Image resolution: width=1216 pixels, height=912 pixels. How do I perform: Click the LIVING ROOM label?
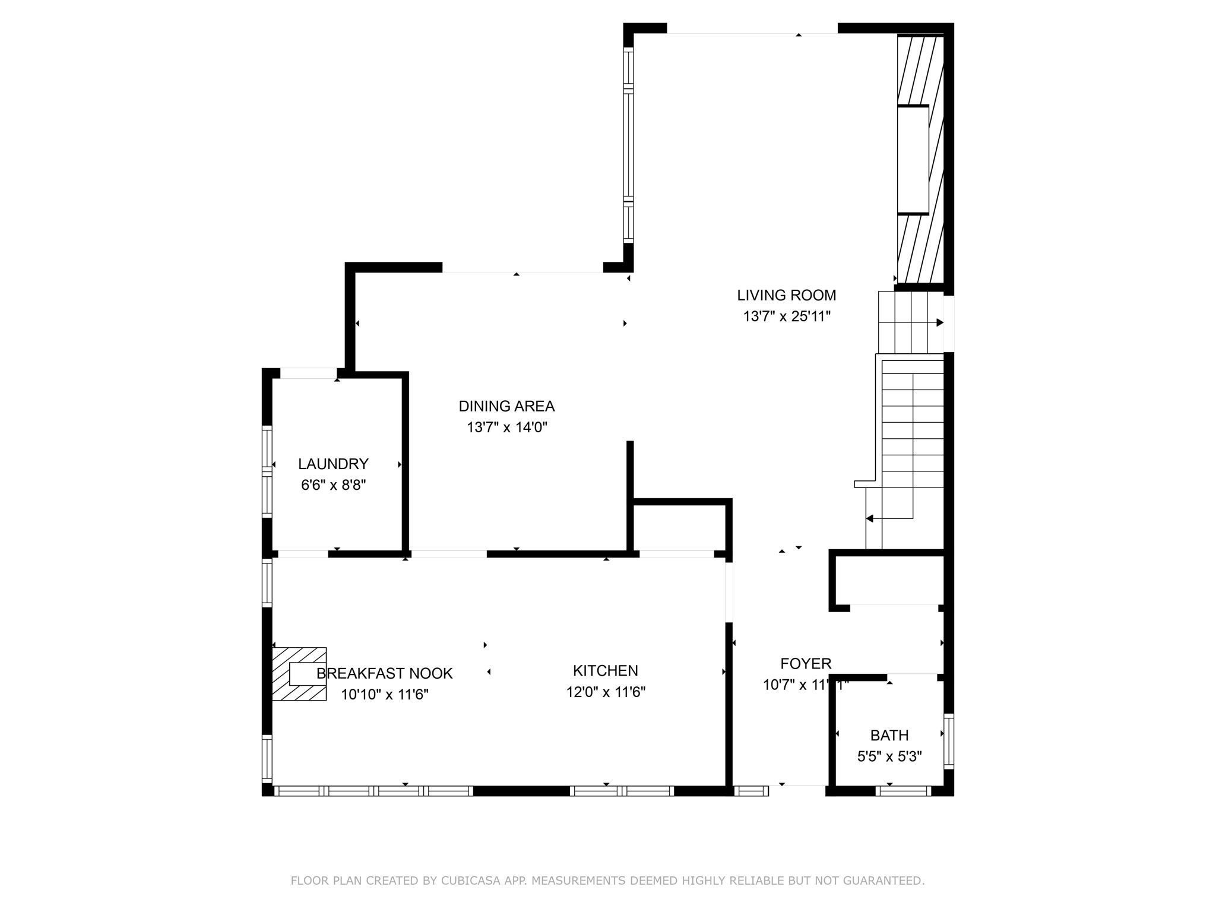[786, 295]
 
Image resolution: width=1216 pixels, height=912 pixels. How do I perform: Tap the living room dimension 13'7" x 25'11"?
[786, 316]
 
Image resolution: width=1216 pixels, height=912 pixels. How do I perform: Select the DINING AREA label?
[506, 406]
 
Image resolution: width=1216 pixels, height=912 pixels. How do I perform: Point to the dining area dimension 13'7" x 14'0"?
[506, 427]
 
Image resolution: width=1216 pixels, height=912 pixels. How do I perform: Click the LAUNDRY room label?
[333, 464]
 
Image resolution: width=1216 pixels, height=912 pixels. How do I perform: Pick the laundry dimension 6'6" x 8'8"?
[333, 485]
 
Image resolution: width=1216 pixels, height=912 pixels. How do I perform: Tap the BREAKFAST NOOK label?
[384, 673]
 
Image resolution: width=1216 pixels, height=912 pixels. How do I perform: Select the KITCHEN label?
[605, 671]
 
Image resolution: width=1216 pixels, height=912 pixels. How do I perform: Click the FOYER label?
[805, 664]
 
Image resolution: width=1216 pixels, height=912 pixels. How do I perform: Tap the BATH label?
[889, 736]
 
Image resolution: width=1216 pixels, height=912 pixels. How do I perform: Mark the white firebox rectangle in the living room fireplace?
[913, 159]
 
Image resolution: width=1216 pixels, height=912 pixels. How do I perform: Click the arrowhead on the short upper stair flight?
[939, 323]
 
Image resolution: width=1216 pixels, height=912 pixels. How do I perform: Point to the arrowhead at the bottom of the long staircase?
[870, 519]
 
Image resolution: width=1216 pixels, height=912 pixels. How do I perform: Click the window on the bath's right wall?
[949, 741]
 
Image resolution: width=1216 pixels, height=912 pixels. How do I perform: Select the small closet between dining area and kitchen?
[679, 528]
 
